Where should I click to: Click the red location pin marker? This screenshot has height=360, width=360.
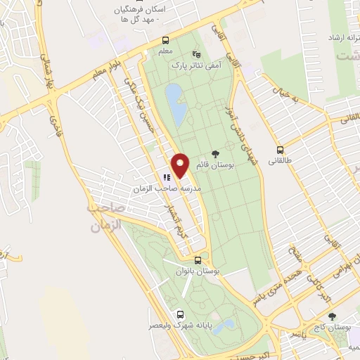[x=181, y=165]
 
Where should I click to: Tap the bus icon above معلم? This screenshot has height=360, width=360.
[x=165, y=39]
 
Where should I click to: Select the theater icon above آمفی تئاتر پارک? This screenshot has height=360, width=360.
[x=196, y=53]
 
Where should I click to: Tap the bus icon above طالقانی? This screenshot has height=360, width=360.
[x=281, y=149]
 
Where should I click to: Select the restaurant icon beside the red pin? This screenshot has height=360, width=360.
[x=167, y=178]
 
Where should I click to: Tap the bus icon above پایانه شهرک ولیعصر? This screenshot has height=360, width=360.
[x=181, y=314]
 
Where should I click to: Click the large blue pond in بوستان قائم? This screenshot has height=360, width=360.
[x=176, y=102]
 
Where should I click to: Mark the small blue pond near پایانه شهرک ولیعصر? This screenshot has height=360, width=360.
[x=224, y=326]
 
